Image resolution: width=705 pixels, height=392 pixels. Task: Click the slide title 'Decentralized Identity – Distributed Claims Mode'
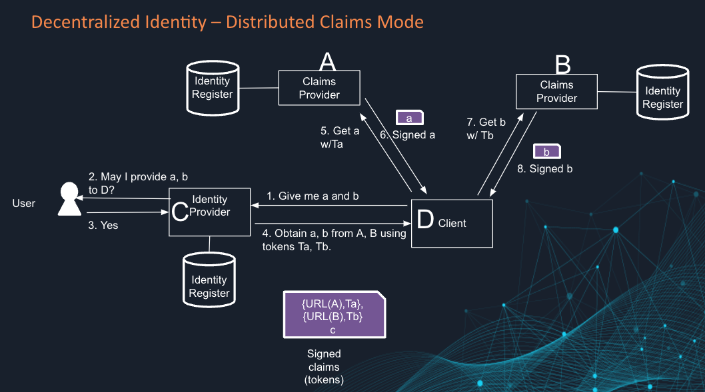click(x=227, y=22)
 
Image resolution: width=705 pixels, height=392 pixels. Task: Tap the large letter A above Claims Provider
click(x=327, y=62)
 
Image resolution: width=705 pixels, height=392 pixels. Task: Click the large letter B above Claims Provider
click(x=563, y=65)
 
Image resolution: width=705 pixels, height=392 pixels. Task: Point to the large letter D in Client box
click(x=425, y=221)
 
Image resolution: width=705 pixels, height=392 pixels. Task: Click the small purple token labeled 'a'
click(x=410, y=118)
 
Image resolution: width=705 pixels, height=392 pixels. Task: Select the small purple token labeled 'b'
click(x=546, y=152)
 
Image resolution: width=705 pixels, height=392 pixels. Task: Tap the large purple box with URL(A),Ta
click(x=333, y=313)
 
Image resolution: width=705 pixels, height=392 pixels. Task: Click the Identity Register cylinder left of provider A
click(x=212, y=87)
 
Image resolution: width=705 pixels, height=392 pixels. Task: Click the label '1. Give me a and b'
click(x=313, y=196)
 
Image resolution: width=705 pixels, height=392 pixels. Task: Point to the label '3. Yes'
click(x=103, y=226)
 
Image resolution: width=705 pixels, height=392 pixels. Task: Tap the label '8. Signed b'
click(x=544, y=169)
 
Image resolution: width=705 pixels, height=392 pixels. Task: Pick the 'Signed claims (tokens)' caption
click(x=324, y=367)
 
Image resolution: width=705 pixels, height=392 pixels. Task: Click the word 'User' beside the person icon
click(x=24, y=203)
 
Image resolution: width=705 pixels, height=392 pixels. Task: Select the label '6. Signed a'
click(x=408, y=134)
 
